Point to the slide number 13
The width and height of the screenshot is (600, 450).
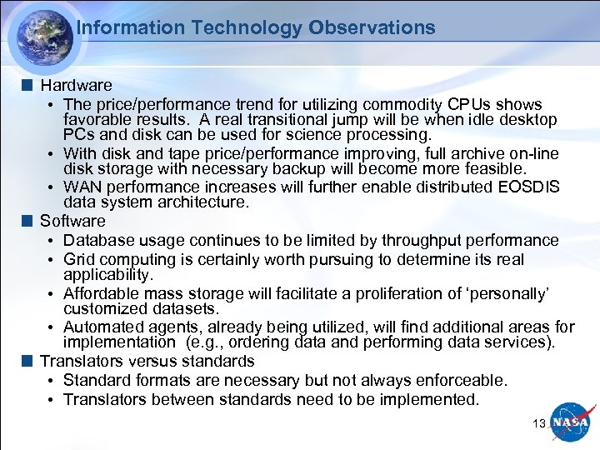coord(538,423)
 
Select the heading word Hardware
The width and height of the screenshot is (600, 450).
coord(76,85)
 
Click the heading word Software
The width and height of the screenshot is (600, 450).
coord(73,221)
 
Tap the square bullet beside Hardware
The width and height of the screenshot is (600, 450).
coord(28,85)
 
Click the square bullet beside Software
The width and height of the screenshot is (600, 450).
coord(28,221)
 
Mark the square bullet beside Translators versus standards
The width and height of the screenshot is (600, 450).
coord(28,361)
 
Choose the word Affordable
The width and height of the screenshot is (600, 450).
coord(99,293)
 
